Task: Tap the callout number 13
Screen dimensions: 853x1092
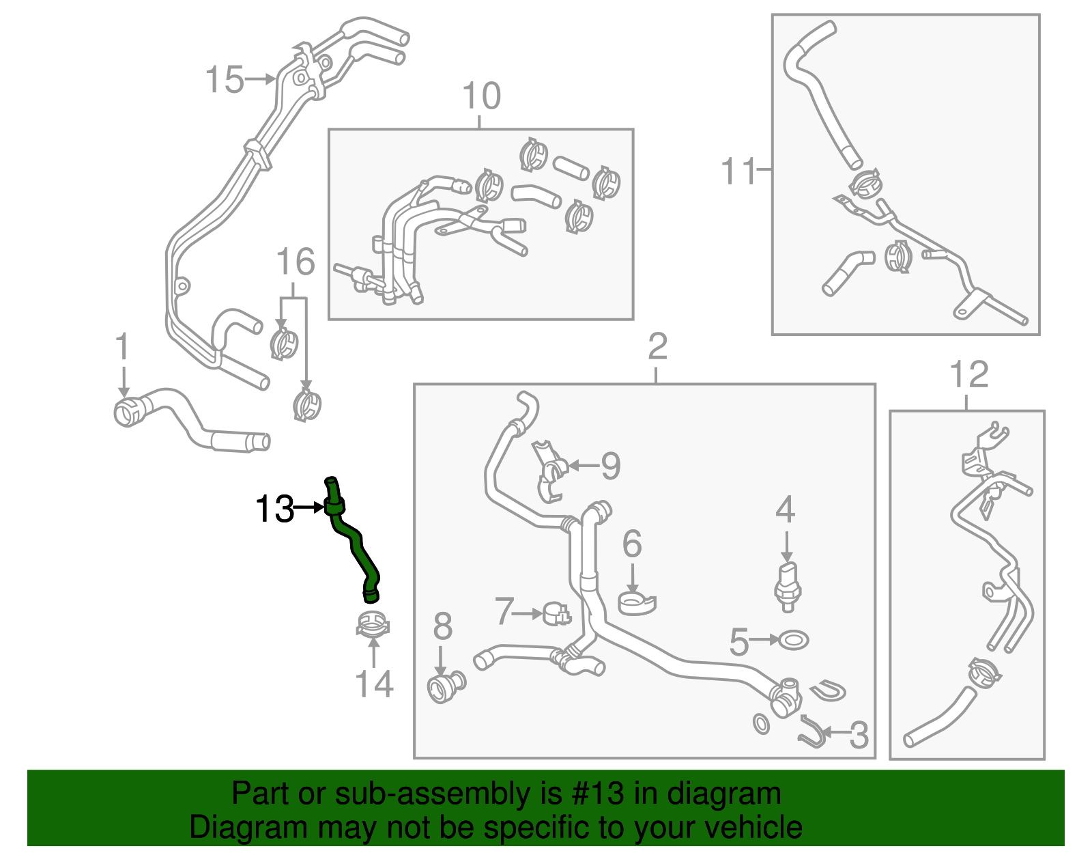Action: [274, 509]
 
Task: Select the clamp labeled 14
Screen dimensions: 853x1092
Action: [373, 625]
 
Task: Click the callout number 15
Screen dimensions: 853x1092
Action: [225, 79]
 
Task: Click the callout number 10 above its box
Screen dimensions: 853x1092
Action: [481, 96]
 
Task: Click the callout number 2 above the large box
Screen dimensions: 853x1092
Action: [657, 347]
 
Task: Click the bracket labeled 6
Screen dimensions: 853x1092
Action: [636, 603]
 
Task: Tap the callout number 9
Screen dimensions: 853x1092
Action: [610, 466]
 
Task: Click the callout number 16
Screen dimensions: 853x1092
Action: [296, 262]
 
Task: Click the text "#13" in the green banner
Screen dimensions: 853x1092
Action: [594, 794]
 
